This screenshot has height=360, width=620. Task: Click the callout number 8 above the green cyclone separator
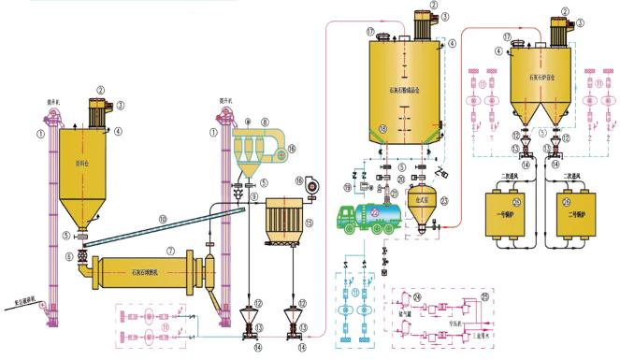[x=266, y=121]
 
